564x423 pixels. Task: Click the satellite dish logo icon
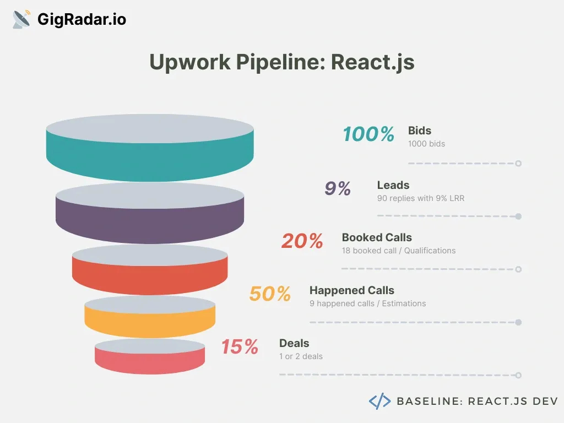tap(21, 19)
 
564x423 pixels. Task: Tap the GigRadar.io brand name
tap(82, 19)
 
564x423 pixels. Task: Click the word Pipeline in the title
tap(280, 62)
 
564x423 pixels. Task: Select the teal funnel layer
tap(150, 158)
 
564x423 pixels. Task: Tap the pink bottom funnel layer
tap(150, 361)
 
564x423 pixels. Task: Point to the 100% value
tap(368, 134)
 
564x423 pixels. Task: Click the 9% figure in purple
tap(338, 188)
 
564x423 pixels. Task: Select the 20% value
tap(302, 241)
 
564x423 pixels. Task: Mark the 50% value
tap(270, 294)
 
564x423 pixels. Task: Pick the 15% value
tap(240, 347)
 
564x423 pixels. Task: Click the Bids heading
tap(419, 131)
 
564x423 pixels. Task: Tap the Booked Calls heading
tap(377, 237)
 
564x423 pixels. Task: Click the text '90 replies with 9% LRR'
tap(420, 198)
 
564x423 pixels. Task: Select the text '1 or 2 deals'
tap(301, 356)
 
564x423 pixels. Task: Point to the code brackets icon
tap(379, 401)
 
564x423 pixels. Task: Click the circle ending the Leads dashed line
tap(518, 216)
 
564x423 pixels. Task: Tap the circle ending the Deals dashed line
tap(518, 375)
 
